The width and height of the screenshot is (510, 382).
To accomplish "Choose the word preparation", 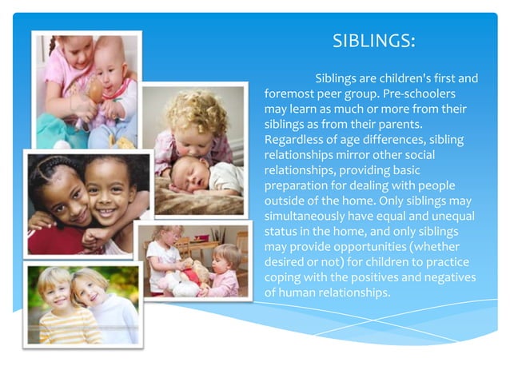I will pos(296,185).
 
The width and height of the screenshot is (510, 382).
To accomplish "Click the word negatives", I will pos(446,277).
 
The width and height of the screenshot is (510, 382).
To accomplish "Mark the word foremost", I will pos(294,94).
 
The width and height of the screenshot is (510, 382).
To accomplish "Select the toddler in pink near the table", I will pos(225,272).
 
